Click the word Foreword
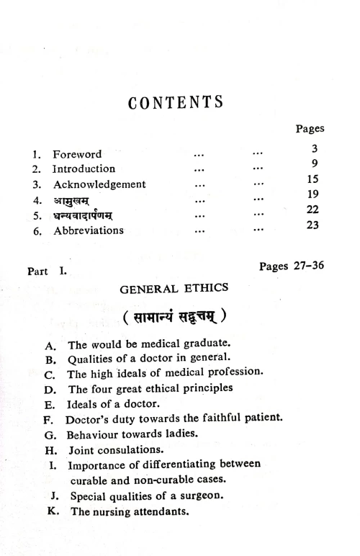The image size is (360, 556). [77, 154]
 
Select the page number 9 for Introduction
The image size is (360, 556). [314, 163]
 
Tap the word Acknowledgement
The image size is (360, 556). [99, 184]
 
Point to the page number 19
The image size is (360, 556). [313, 194]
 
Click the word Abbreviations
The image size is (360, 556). [88, 230]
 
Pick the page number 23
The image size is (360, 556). [313, 223]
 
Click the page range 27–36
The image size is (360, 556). [302, 266]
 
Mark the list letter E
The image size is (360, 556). [50, 403]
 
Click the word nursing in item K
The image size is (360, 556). [112, 511]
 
